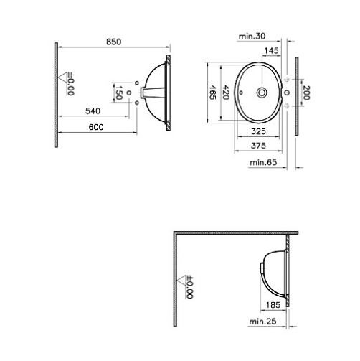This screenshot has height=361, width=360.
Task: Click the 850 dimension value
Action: [x=113, y=42]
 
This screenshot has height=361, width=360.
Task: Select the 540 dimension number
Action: [x=93, y=111]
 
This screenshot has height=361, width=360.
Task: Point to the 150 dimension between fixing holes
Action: [x=120, y=93]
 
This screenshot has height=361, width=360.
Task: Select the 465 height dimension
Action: [x=212, y=92]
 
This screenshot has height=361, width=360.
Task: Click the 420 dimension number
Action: [x=227, y=92]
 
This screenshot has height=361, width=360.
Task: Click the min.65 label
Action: [x=262, y=163]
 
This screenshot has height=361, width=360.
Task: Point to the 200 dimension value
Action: [x=305, y=92]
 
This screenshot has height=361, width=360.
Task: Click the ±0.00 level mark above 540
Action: [x=70, y=83]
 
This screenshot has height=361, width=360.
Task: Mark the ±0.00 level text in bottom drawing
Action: [x=189, y=287]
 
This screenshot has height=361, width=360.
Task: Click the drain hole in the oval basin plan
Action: [x=261, y=92]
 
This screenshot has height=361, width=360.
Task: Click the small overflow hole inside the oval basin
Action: [x=240, y=92]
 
